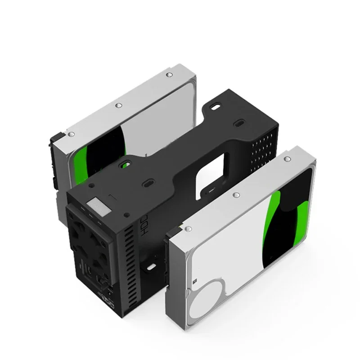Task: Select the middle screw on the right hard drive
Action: (x=235, y=195)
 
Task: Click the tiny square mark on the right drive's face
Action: (x=195, y=280)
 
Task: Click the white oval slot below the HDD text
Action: (x=149, y=268)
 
